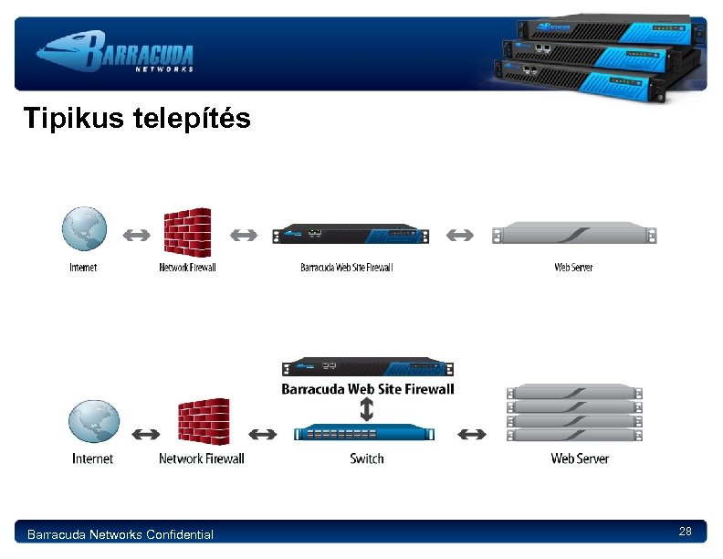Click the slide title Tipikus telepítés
pyautogui.click(x=137, y=119)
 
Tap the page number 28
pyautogui.click(x=686, y=532)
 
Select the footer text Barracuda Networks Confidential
pyautogui.click(x=120, y=534)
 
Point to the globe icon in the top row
pyautogui.click(x=84, y=229)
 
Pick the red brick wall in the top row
pyautogui.click(x=187, y=233)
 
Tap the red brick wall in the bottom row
pyautogui.click(x=203, y=421)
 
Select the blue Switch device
pyautogui.click(x=364, y=433)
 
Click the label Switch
pyautogui.click(x=367, y=458)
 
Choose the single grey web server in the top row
pyautogui.click(x=574, y=235)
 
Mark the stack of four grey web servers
pyautogui.click(x=574, y=413)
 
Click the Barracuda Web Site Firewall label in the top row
pyautogui.click(x=346, y=268)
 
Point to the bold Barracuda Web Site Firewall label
pyautogui.click(x=367, y=388)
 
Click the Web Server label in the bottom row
pyautogui.click(x=580, y=458)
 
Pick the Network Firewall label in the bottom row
pyautogui.click(x=202, y=458)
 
